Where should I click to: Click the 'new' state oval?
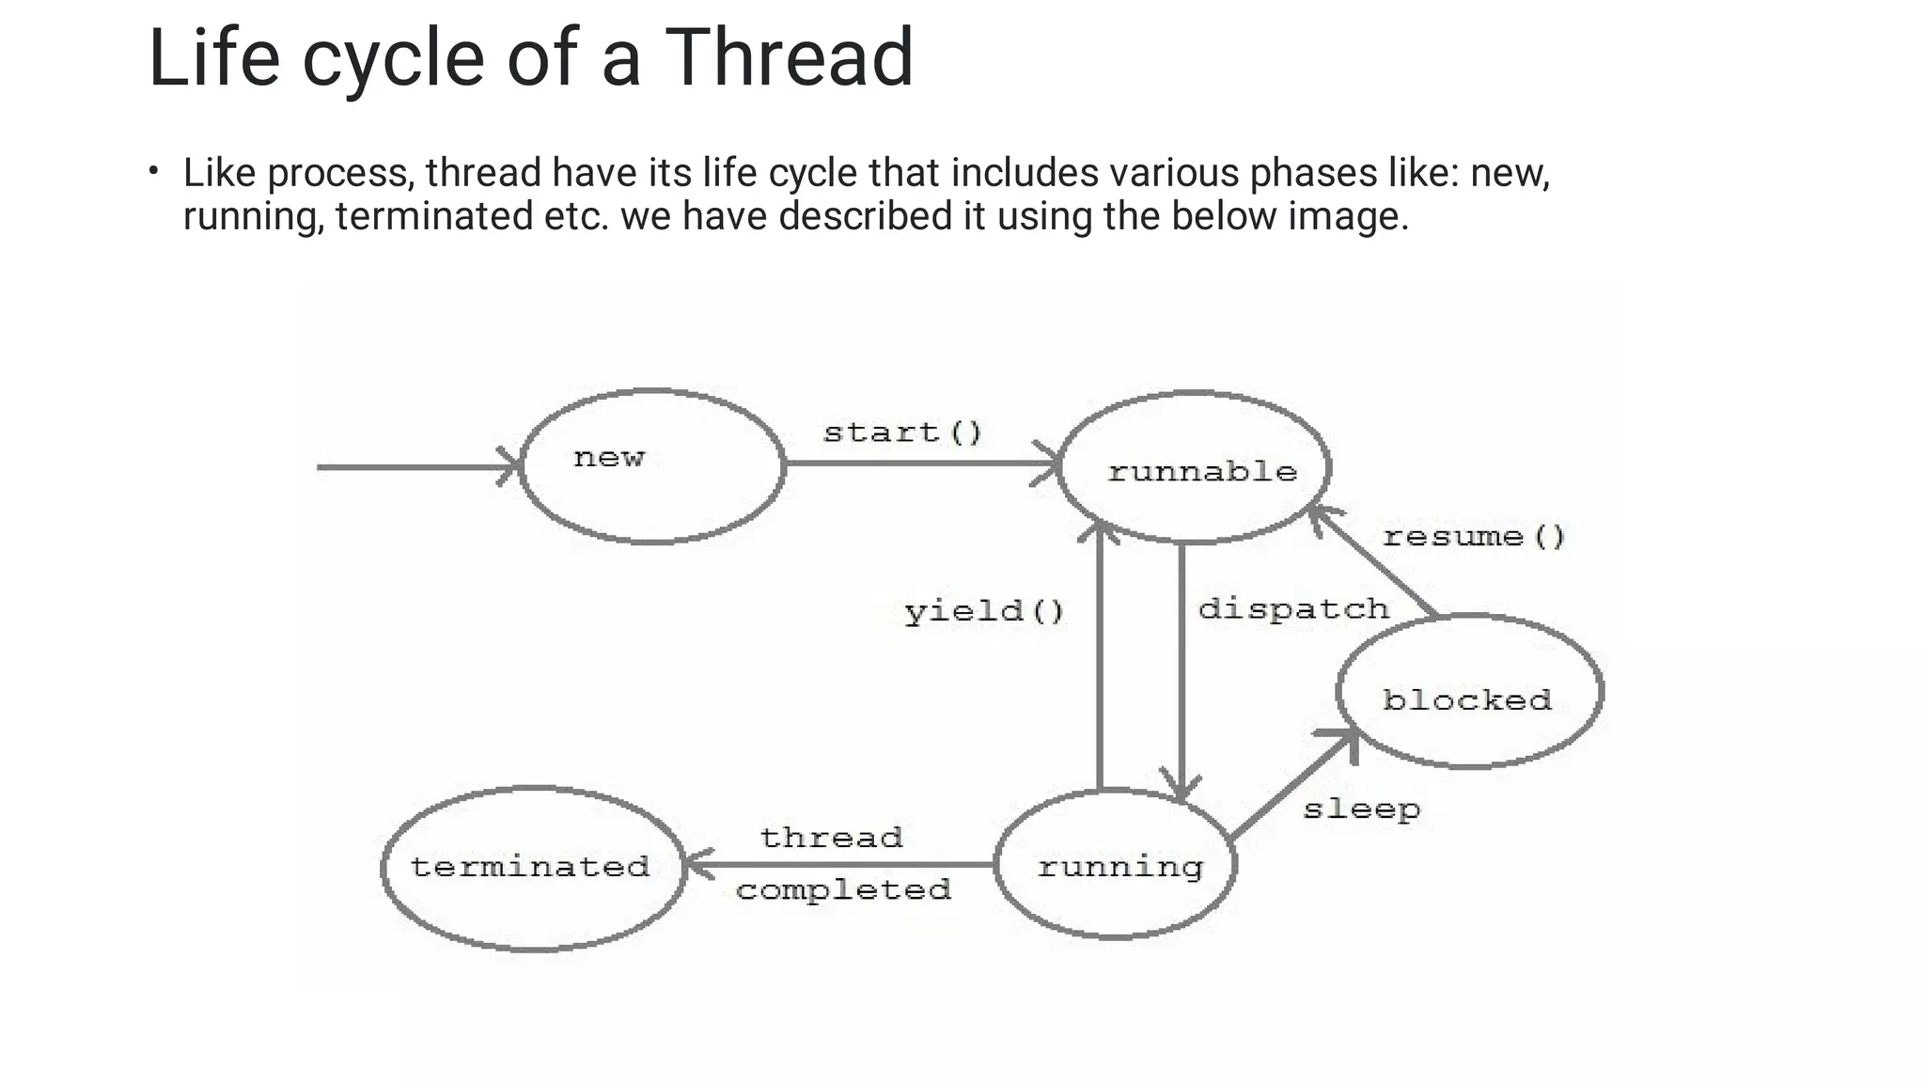652,466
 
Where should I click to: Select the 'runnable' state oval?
1194,467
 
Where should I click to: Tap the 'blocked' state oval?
1470,692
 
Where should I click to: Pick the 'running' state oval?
1117,864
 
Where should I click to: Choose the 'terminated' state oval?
533,868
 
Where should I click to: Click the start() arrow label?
902,432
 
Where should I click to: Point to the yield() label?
984,612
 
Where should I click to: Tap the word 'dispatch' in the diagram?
1293,608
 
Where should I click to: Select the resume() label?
1474,537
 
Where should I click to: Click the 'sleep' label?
1361,809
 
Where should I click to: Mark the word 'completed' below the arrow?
843,889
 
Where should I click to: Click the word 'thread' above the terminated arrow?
831,837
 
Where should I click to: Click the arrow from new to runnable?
921,463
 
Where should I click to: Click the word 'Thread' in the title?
789,58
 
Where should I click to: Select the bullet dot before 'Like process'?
153,171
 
